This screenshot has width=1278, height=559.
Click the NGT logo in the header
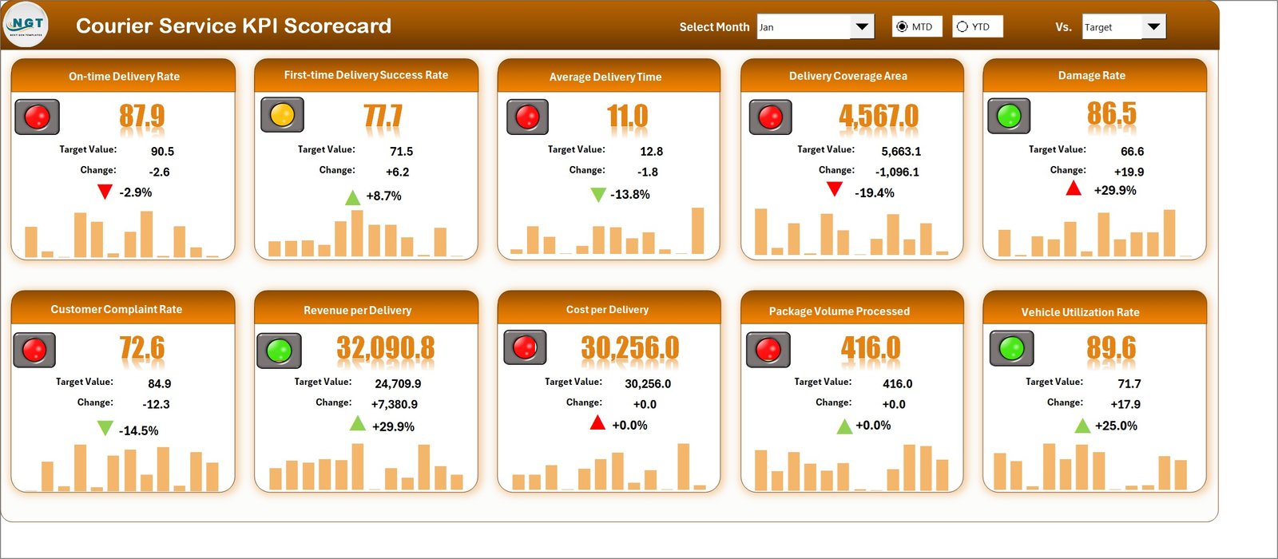(26, 26)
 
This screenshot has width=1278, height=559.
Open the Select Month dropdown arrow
(861, 26)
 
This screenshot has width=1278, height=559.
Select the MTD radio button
(902, 26)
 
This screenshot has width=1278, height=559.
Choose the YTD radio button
(962, 26)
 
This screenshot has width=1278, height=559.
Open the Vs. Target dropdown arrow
(1153, 26)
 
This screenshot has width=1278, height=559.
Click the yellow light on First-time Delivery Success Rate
(282, 115)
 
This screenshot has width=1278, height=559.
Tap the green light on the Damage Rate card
(1009, 117)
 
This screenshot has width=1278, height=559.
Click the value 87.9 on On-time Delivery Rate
(142, 117)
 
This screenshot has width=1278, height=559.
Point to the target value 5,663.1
(901, 151)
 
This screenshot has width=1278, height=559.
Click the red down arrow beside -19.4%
(834, 189)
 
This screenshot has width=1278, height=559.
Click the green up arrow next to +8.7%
(352, 197)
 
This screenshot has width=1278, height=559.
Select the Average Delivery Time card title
(605, 77)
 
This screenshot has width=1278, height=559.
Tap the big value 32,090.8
(386, 348)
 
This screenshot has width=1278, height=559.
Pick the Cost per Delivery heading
(607, 309)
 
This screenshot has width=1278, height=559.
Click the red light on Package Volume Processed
(768, 350)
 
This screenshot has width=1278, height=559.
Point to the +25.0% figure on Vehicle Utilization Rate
(1116, 426)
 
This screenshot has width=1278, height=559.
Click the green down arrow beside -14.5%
(105, 429)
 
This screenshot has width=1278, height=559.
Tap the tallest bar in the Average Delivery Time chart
(698, 231)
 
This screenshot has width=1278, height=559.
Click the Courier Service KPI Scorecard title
(233, 26)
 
